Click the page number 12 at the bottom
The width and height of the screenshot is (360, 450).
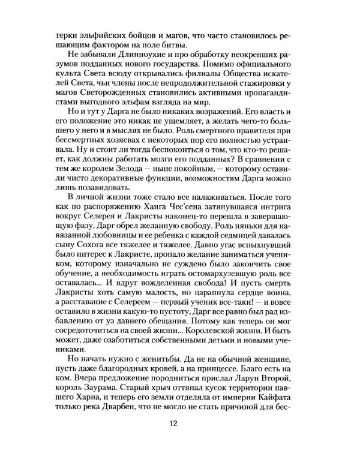pos(180,424)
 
